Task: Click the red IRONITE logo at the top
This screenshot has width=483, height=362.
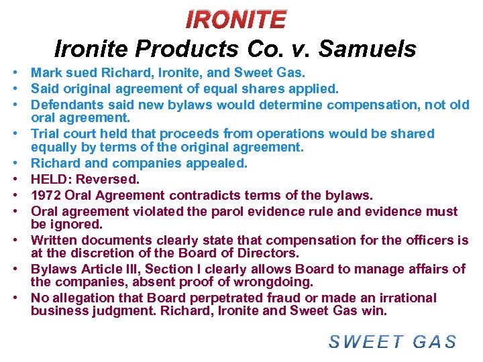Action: tap(235, 19)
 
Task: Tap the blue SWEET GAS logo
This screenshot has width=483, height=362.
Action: tap(392, 341)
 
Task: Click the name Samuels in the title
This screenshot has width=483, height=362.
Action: tap(368, 49)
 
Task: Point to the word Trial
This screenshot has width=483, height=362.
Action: tap(48, 133)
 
